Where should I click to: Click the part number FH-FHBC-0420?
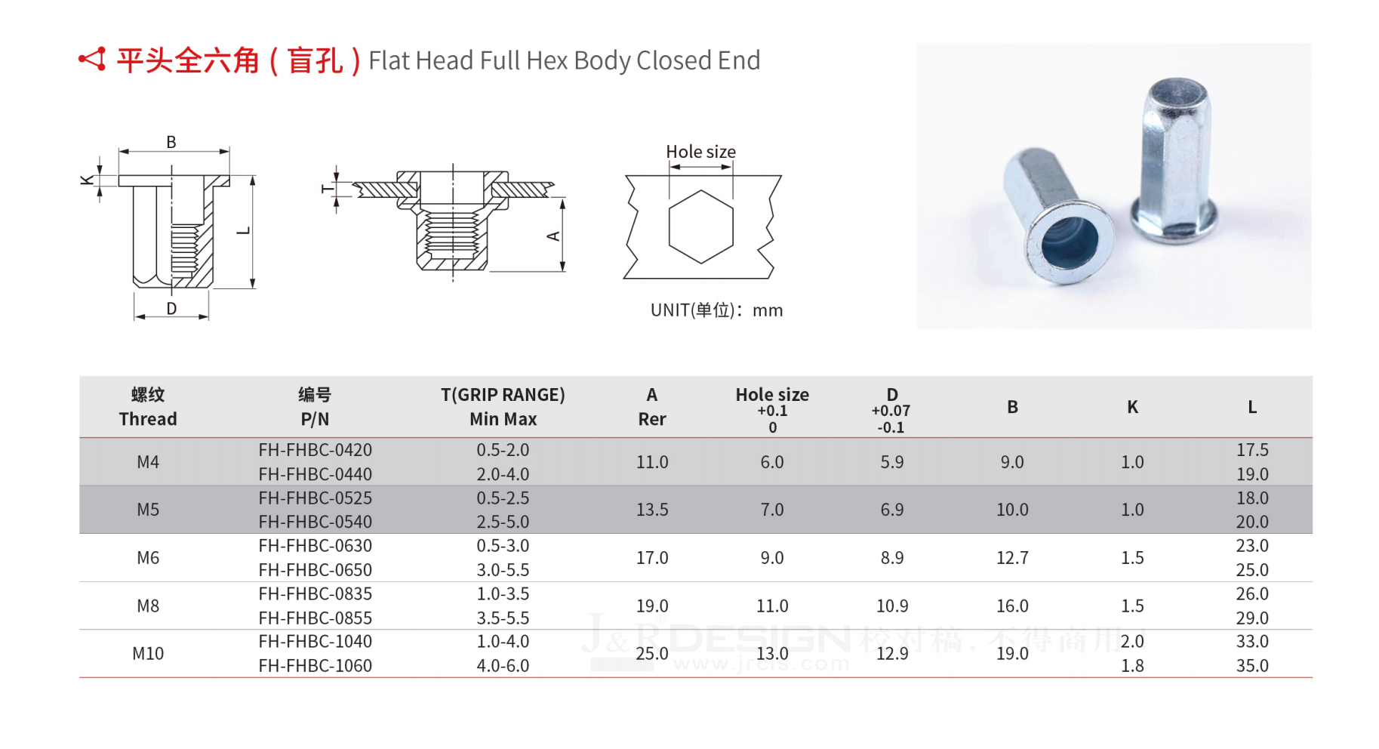pos(315,450)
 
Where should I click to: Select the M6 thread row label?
pos(148,558)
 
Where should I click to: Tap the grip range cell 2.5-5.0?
pos(503,522)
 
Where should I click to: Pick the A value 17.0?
pos(652,558)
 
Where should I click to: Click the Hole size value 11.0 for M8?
pos(772,606)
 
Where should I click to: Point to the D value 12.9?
pos(892,654)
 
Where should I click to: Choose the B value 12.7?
pos(1012,558)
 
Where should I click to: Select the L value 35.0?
pos(1252,666)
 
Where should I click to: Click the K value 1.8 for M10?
pos(1132,666)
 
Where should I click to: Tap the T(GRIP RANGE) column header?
pos(503,395)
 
